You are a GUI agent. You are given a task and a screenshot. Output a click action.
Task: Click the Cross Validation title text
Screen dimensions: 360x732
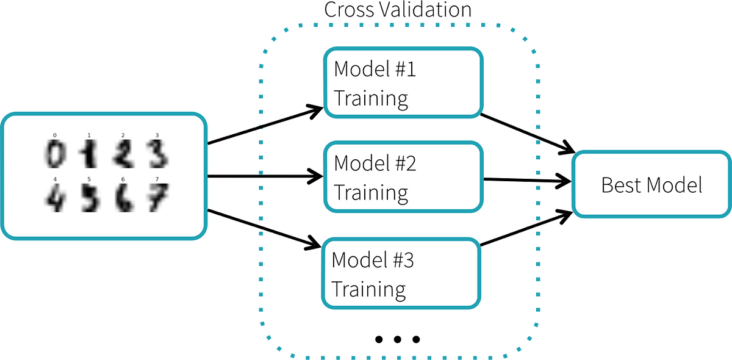click(x=397, y=10)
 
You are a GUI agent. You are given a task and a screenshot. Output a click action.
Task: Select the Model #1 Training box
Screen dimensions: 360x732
click(x=403, y=83)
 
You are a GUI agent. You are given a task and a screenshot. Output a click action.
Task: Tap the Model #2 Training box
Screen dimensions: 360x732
click(x=403, y=178)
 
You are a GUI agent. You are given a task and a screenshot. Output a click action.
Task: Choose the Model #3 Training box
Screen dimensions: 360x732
click(x=401, y=273)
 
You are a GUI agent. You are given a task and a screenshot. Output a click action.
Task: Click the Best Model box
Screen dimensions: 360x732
click(x=651, y=185)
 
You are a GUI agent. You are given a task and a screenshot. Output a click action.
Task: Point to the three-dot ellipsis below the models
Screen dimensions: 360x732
click(x=397, y=339)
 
